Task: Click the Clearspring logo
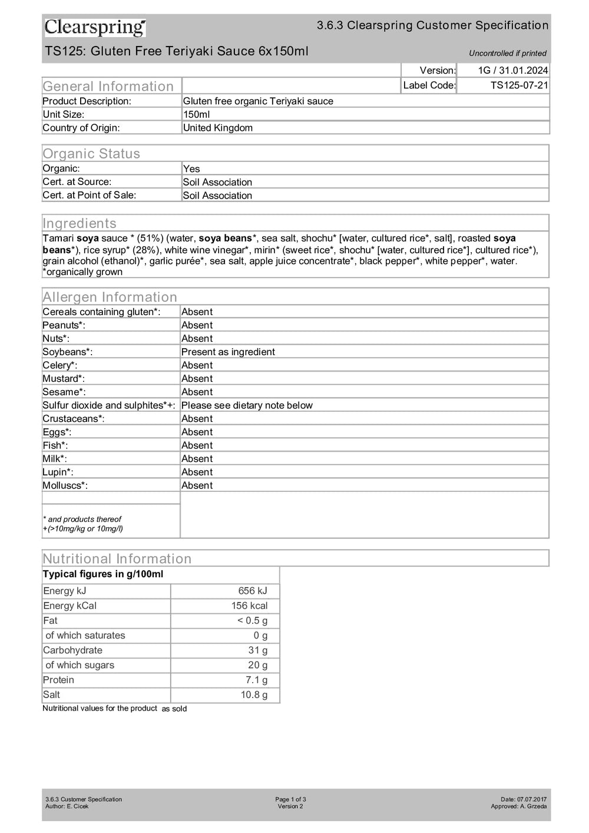95,27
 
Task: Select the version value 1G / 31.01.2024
512,70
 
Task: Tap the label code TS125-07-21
519,85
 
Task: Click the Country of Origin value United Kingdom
217,128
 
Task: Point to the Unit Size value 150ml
196,114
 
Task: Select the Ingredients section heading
80,223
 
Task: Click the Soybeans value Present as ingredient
228,352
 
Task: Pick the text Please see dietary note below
247,405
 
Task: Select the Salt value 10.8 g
254,695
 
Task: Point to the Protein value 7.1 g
256,680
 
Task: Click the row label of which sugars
80,665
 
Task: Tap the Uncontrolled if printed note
507,53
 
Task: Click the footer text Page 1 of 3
290,799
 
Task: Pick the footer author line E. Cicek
67,806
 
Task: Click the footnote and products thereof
82,519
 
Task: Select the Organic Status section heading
91,154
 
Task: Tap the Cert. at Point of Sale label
89,195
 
